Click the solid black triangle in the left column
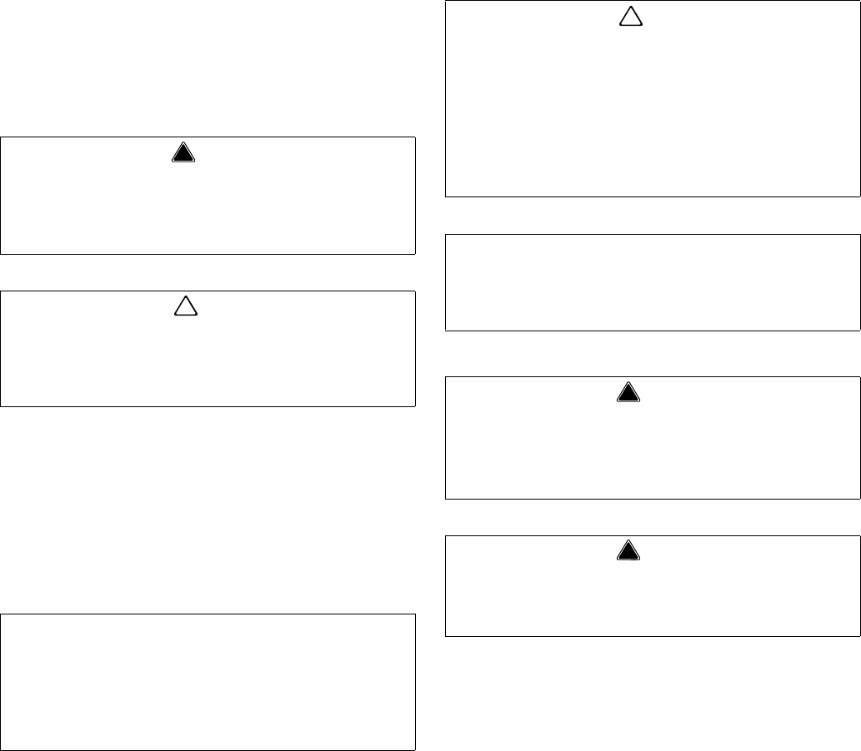click(x=183, y=153)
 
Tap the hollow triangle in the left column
click(x=185, y=307)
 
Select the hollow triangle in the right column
click(x=630, y=17)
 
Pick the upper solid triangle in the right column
click(x=629, y=391)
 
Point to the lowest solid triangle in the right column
click(x=629, y=550)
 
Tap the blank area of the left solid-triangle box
click(x=208, y=208)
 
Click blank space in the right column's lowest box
click(x=653, y=599)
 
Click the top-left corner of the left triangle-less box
click(x=1, y=614)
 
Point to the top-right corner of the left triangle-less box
click(x=415, y=614)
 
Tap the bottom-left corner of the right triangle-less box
click(x=446, y=331)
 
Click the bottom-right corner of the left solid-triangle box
click(x=415, y=253)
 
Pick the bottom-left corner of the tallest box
click(x=446, y=196)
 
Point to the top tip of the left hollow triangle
click(x=185, y=297)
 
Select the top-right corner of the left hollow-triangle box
click(x=415, y=291)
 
